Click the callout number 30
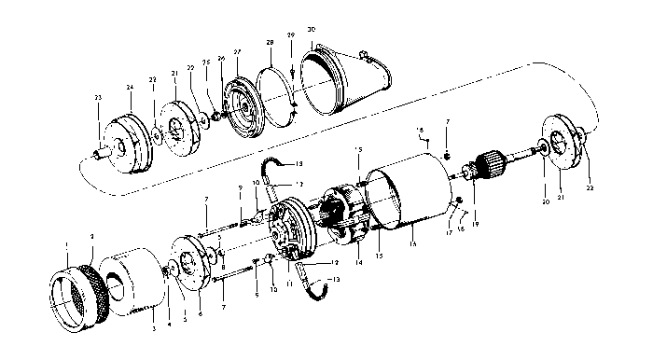(x=311, y=30)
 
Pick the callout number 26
(x=222, y=59)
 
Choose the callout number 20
(x=545, y=201)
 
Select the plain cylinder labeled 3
(x=133, y=279)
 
